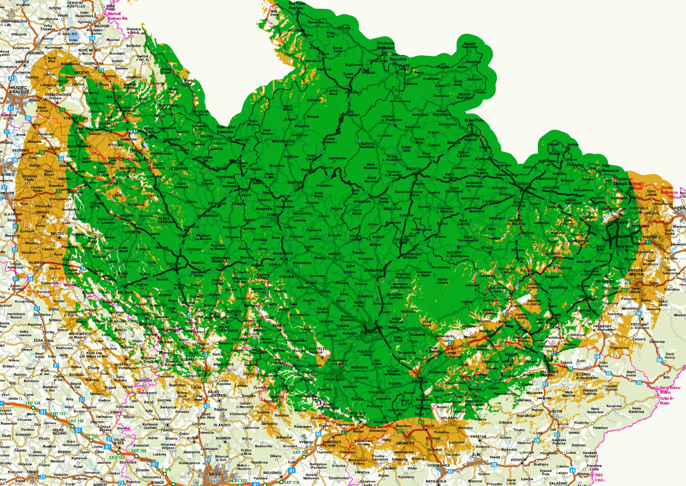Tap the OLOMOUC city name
point(369,332)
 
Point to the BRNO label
point(215,474)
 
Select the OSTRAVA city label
point(617,222)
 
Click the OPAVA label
point(524,184)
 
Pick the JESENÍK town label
point(352,92)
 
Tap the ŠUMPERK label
point(295,182)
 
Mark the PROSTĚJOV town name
point(334,380)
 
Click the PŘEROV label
point(420,382)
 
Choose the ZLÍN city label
point(476,454)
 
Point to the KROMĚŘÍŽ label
point(405,443)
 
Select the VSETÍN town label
point(556,411)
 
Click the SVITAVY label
point(173,264)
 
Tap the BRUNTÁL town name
point(414,169)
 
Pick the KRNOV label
point(470,140)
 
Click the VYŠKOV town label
point(306,442)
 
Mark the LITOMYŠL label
point(133,232)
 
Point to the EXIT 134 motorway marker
point(33,403)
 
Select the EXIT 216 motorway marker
point(292,483)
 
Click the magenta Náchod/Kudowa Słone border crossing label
point(117,16)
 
